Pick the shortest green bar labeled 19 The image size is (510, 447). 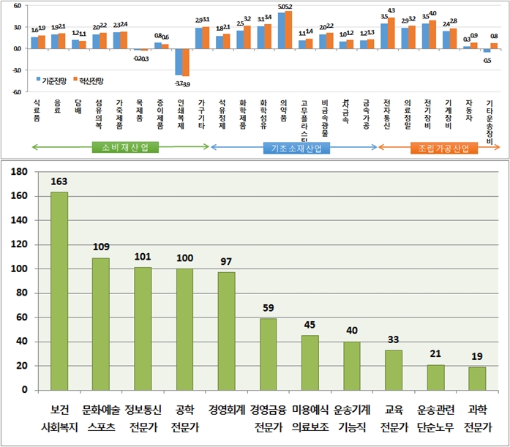[477, 378]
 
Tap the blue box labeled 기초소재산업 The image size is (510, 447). [296, 148]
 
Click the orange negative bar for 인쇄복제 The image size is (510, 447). [185, 62]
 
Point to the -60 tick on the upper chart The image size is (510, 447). [15, 92]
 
